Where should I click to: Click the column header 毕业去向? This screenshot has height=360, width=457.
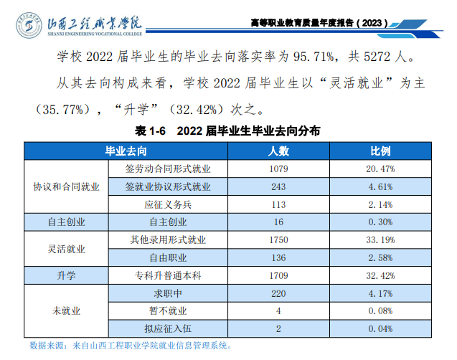coord(127,151)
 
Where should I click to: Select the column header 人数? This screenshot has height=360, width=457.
coord(278,151)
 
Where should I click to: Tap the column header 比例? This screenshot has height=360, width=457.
coord(380,151)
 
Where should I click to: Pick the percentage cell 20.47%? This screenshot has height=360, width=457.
coord(380,169)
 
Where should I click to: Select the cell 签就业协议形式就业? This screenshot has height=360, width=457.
coord(168,186)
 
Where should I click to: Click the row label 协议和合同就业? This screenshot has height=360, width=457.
coord(66,186)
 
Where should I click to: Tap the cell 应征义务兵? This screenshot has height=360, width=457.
coord(168,204)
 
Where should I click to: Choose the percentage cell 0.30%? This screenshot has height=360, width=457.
coord(380,222)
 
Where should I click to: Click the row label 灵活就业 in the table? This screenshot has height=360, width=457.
coord(66,248)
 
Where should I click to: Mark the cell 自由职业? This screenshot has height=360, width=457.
coord(168,257)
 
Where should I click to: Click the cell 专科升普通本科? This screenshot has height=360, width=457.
coord(168,275)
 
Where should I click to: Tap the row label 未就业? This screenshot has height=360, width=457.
coord(66,311)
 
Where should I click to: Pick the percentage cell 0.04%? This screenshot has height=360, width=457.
coord(380,328)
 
